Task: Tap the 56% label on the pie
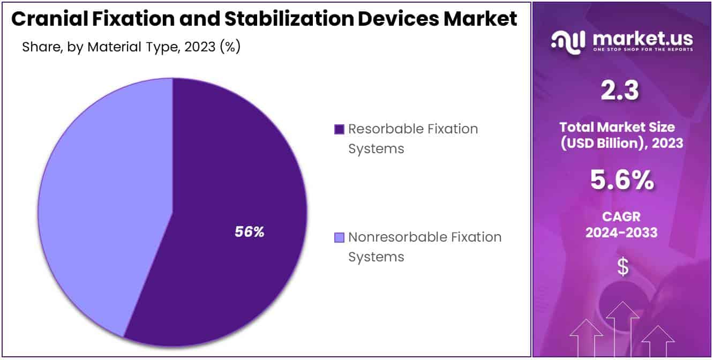pyautogui.click(x=249, y=232)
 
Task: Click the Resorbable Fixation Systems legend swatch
pyautogui.click(x=339, y=129)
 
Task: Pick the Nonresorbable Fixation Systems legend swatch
pyautogui.click(x=339, y=237)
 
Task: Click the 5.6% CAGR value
pyautogui.click(x=621, y=181)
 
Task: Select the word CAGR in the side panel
pyautogui.click(x=621, y=216)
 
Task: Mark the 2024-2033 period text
pyautogui.click(x=621, y=232)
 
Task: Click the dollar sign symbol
pyautogui.click(x=622, y=267)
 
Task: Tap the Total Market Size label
pyautogui.click(x=621, y=127)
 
